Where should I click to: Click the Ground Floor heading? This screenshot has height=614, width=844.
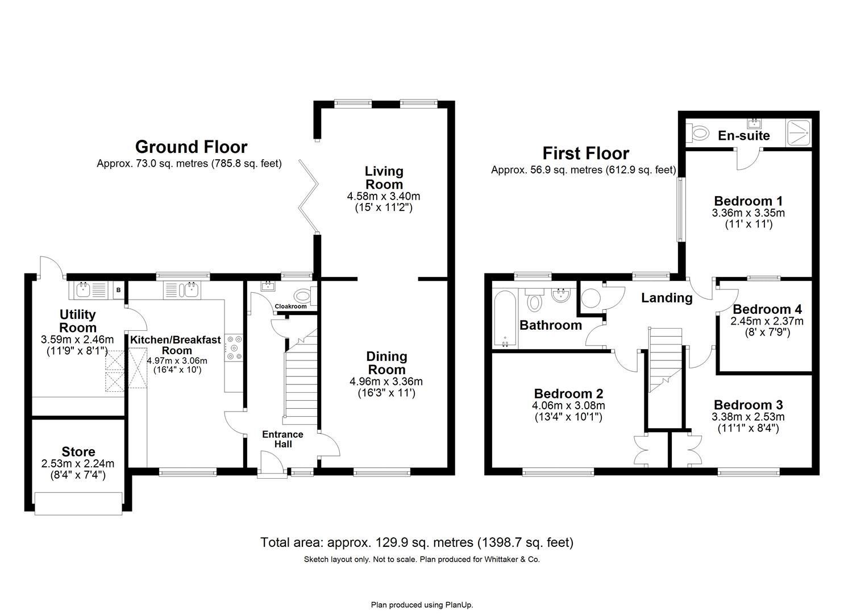191,147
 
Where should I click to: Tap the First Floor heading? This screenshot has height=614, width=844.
585,153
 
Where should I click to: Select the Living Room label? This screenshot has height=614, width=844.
384,177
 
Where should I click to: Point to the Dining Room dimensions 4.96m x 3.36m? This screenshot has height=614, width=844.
386,381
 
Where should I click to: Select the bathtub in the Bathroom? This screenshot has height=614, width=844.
505,319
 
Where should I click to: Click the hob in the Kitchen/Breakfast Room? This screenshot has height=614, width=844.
235,348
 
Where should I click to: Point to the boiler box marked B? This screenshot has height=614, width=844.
118,291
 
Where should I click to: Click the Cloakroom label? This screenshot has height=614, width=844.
290,306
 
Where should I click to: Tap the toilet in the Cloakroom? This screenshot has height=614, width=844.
302,296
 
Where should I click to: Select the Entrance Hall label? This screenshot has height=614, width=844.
282,439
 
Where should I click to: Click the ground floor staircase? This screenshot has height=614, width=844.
300,381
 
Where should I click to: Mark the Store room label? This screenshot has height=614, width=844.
78,452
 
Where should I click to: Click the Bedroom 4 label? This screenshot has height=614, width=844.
767,309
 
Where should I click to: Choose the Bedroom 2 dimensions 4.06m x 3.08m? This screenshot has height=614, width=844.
568,406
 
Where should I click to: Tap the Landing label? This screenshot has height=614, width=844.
667,298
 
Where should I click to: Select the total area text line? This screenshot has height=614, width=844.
417,542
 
